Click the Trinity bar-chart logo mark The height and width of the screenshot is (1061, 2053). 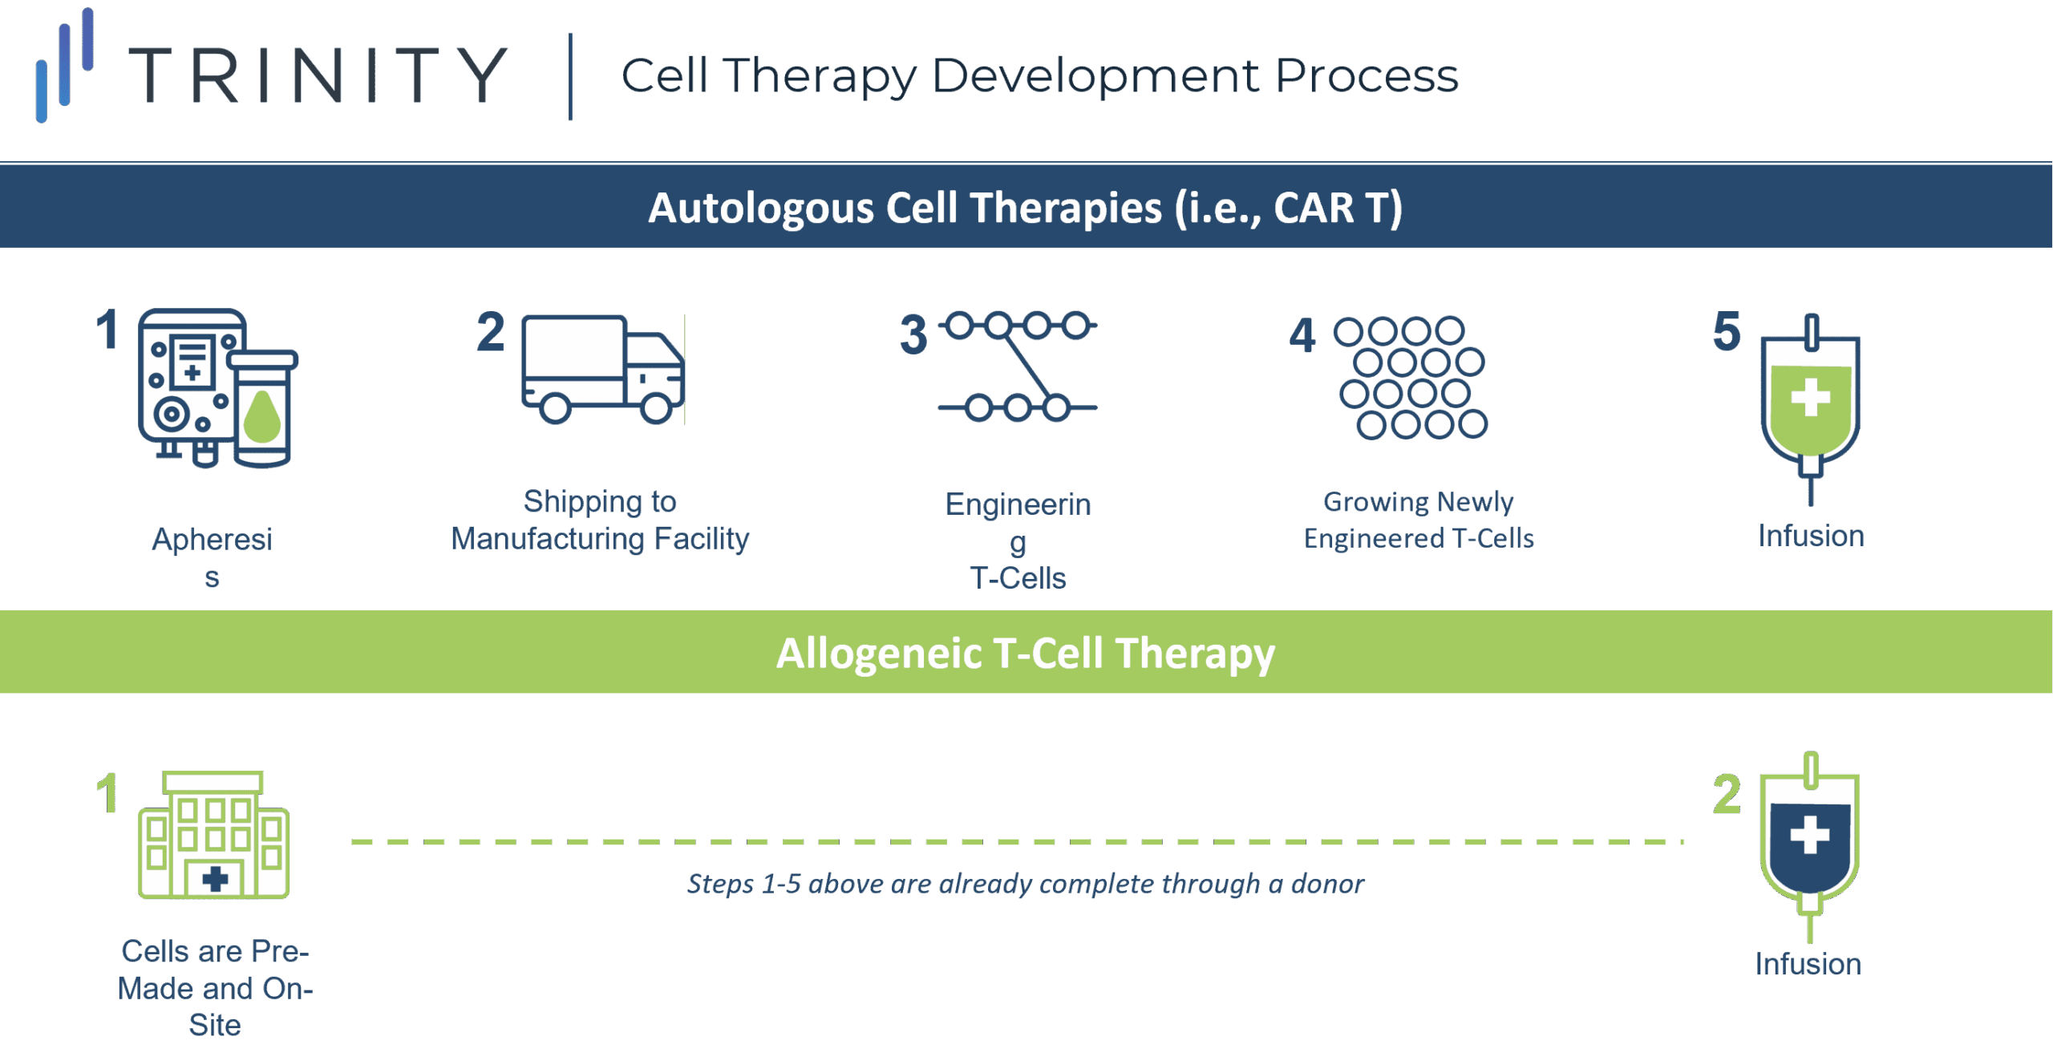(64, 66)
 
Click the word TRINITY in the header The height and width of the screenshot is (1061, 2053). (318, 75)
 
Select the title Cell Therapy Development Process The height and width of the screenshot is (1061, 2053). (1039, 76)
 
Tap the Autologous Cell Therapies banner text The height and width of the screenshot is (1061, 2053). (1025, 208)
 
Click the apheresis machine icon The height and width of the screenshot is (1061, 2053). (217, 388)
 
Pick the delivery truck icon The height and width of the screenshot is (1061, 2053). (603, 369)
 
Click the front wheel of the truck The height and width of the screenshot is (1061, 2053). (656, 408)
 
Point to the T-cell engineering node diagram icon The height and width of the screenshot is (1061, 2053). (1017, 366)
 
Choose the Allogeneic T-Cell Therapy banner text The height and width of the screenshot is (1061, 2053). (1025, 653)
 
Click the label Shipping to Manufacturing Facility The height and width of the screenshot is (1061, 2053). (600, 520)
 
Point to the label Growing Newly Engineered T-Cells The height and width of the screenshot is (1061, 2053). (1419, 520)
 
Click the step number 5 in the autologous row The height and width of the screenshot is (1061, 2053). (1727, 331)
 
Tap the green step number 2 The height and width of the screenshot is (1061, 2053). (1727, 794)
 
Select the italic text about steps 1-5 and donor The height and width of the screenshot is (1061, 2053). (1025, 884)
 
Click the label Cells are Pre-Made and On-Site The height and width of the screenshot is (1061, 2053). (215, 988)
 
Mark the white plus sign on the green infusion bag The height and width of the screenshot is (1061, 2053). (1810, 397)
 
